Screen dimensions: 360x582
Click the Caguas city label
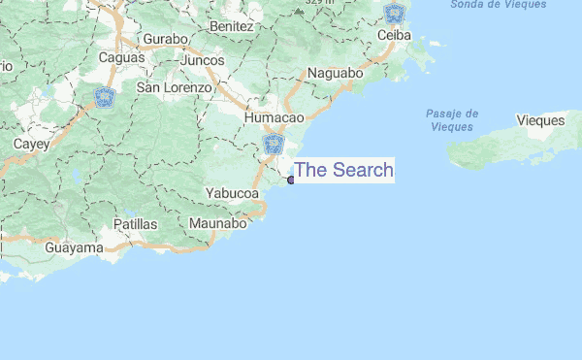tap(121, 57)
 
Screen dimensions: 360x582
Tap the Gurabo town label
tap(164, 39)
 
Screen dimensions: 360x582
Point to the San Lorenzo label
tap(174, 87)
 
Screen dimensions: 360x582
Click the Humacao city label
tap(275, 117)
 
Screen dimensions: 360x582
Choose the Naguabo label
tap(335, 73)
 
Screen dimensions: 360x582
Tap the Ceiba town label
tap(396, 35)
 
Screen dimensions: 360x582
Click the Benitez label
tap(230, 26)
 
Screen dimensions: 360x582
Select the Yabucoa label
tap(232, 193)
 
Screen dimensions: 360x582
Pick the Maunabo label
tap(218, 224)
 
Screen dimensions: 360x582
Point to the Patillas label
tap(135, 224)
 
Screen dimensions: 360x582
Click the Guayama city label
tap(74, 248)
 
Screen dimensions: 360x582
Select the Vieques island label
tap(540, 120)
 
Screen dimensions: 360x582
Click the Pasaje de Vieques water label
tap(451, 120)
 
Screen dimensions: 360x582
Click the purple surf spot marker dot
tap(291, 180)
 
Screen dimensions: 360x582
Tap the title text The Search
tap(343, 170)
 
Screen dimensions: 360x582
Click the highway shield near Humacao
tap(273, 146)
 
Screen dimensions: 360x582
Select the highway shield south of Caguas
tap(104, 97)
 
